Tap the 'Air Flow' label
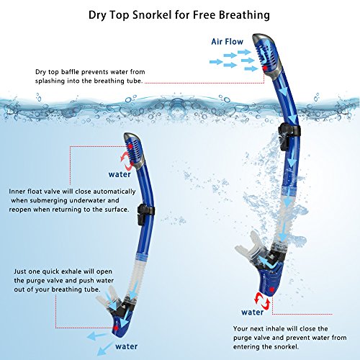coord(227,42)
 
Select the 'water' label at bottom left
coord(126,345)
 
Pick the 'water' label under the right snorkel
coord(252,312)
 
